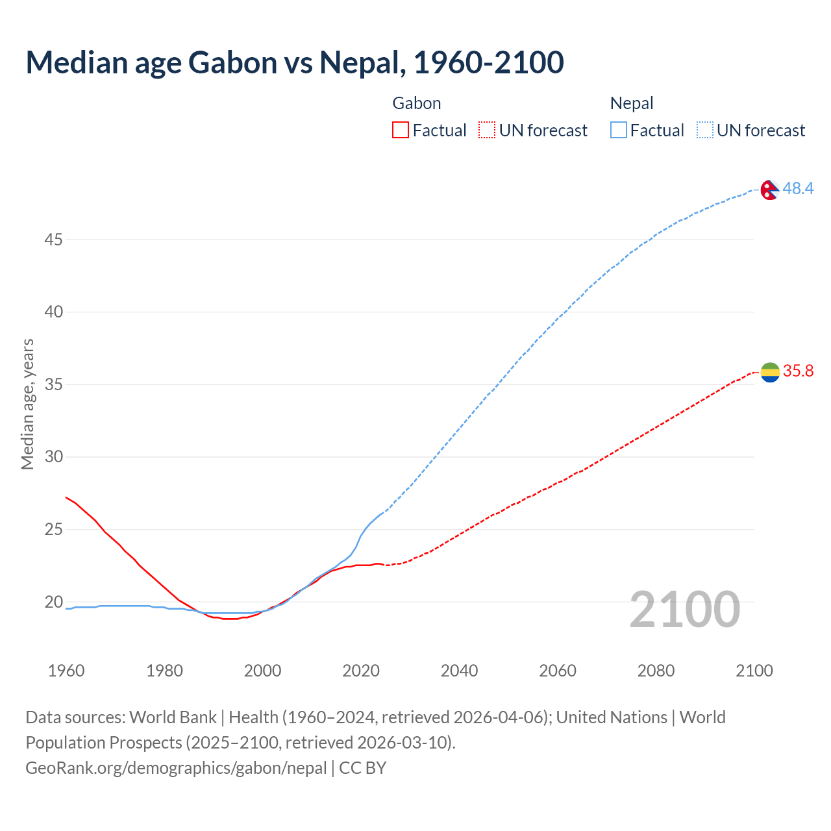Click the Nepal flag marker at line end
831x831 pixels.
pos(770,190)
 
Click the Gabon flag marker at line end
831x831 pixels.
pos(770,372)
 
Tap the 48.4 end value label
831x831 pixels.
pos(798,188)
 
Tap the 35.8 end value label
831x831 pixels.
pos(798,371)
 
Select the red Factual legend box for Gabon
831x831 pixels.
pos(401,130)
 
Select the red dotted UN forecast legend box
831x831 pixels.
pos(487,130)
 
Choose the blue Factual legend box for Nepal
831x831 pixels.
pos(618,130)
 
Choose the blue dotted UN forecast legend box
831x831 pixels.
pos(704,130)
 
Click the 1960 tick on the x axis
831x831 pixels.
pos(66,671)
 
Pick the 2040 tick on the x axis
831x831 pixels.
pos(459,671)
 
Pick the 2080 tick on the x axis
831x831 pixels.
pos(656,671)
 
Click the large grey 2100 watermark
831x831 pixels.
pos(684,610)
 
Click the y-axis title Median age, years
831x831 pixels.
pos(27,404)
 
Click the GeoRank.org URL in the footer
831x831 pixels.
pos(176,768)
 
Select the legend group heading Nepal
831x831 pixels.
pos(631,103)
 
